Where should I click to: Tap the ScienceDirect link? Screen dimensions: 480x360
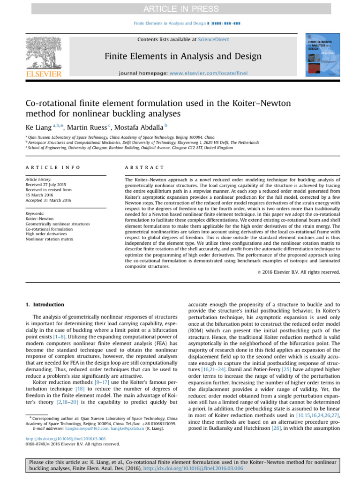click(214, 40)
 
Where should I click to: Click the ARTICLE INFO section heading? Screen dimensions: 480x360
click(53, 167)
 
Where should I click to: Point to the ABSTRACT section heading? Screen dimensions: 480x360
click(145, 167)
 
